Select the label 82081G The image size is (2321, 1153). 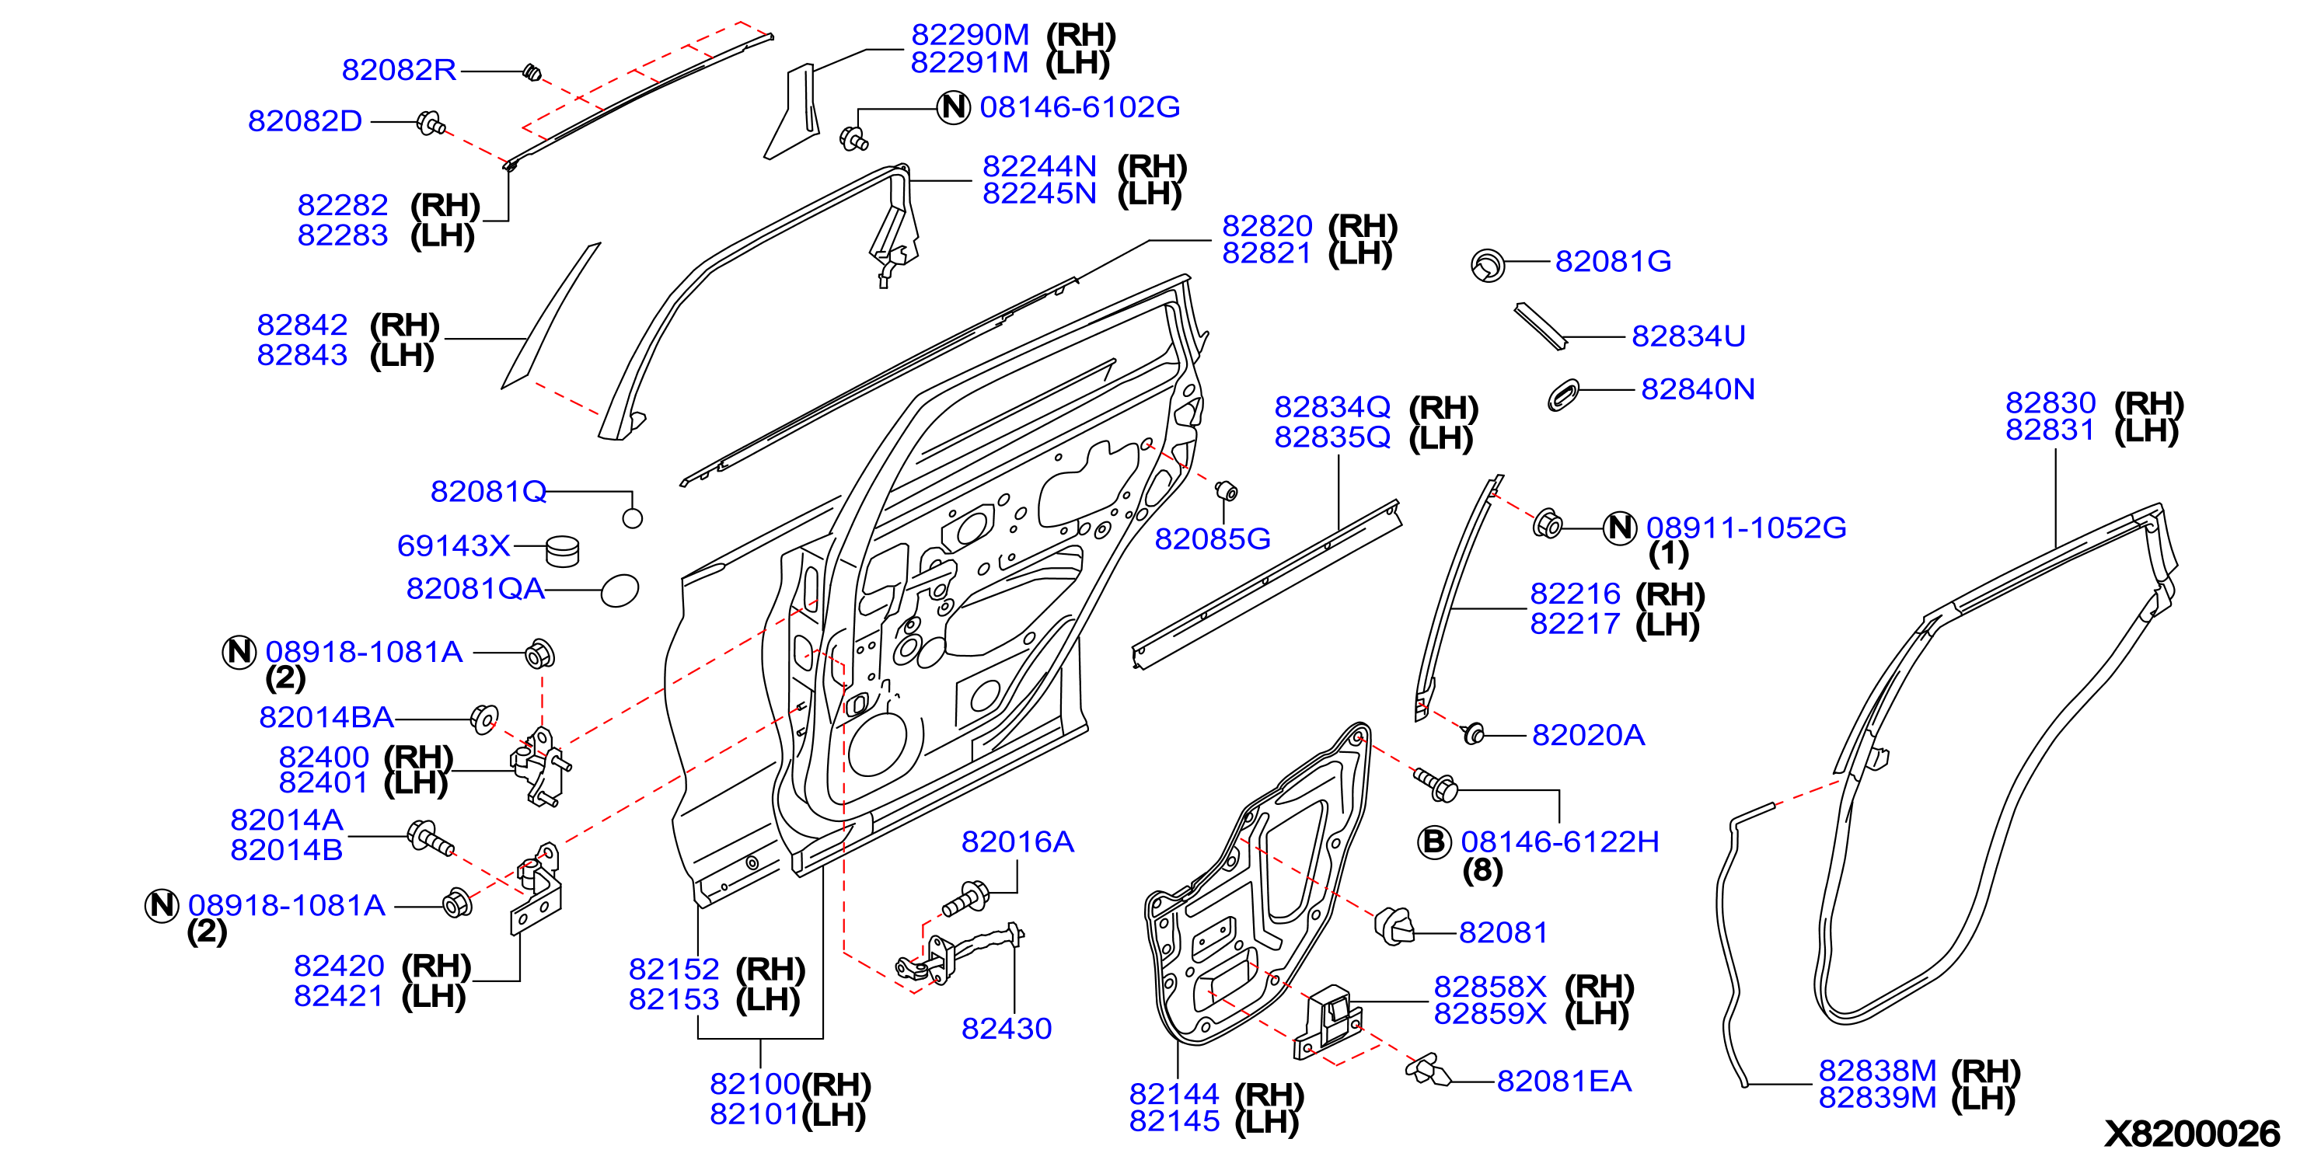(x=1613, y=261)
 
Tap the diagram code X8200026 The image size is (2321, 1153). (x=2192, y=1132)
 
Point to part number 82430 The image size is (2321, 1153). (x=1007, y=1029)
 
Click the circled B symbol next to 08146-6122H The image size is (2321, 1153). (x=1433, y=841)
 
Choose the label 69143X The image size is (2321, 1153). (x=453, y=546)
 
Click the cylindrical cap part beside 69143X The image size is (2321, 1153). (x=563, y=550)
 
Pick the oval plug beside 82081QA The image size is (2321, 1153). (x=620, y=591)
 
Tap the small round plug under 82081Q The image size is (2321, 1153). (x=633, y=518)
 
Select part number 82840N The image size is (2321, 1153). (x=1698, y=389)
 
